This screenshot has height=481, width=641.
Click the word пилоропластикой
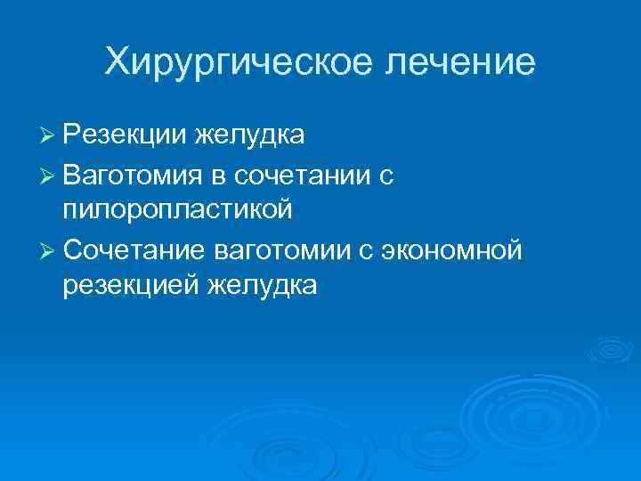pos(178,210)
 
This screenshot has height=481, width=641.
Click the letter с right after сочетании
pos(385,177)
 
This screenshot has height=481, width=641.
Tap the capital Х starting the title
pos(117,62)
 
